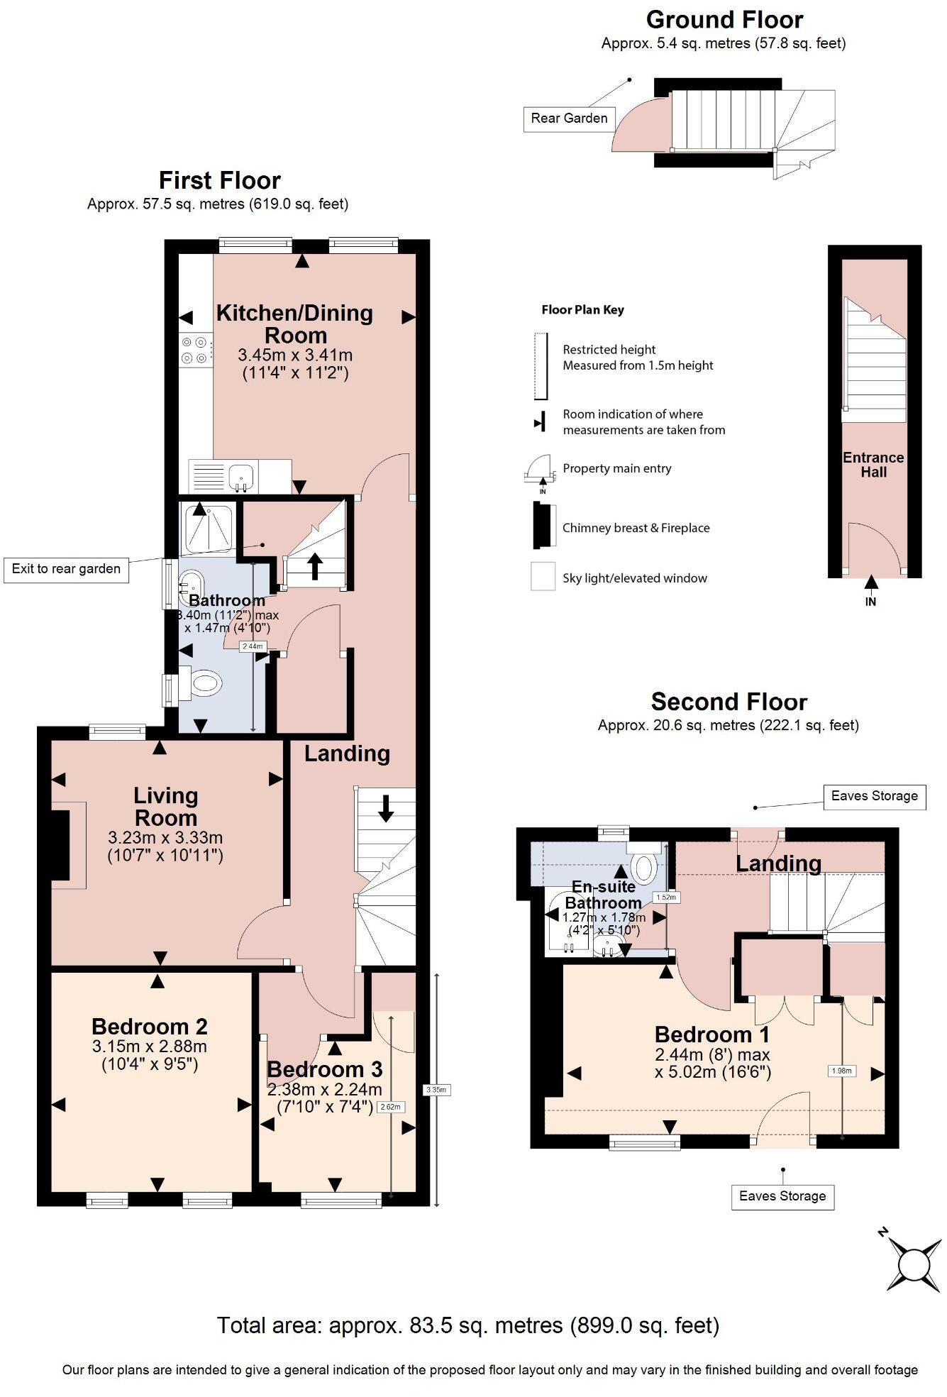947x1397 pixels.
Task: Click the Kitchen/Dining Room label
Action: (294, 324)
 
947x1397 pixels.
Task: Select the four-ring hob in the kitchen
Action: (196, 350)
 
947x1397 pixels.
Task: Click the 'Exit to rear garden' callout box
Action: (66, 569)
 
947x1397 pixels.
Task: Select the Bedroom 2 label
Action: (149, 1027)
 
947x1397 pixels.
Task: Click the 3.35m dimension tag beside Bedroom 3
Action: (436, 1090)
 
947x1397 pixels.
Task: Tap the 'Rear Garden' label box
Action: (569, 118)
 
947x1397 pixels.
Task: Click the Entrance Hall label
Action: (873, 465)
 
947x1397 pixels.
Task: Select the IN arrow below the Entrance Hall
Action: (871, 591)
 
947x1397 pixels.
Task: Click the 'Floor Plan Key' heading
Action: (582, 310)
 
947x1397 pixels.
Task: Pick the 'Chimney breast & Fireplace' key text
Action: (636, 528)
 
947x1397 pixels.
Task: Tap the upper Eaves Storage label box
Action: (874, 796)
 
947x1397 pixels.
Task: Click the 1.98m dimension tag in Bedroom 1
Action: (841, 1071)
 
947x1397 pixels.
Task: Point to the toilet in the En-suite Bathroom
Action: (643, 864)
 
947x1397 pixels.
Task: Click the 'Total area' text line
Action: (468, 1325)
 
